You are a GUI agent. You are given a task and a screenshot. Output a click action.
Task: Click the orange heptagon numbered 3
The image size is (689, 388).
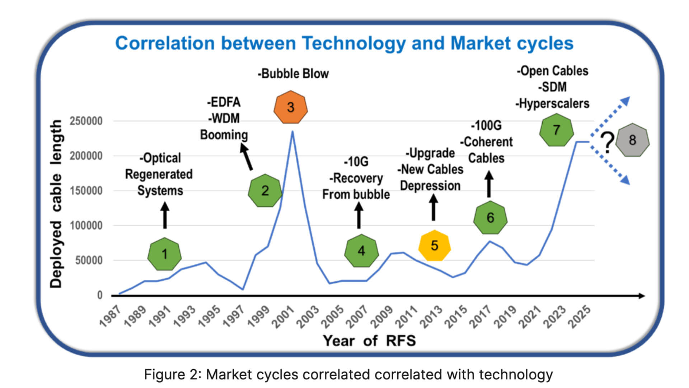(291, 107)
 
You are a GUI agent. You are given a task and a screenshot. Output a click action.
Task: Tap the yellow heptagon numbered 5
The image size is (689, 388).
(434, 246)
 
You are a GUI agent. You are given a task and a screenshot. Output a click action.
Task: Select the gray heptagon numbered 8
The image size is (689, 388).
(632, 140)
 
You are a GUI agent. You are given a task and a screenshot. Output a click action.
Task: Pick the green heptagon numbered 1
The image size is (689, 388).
(164, 254)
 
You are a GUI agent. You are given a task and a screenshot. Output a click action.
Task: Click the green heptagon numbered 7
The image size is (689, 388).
(556, 130)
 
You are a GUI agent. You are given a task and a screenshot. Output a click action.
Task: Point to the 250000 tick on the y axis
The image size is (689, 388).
(86, 121)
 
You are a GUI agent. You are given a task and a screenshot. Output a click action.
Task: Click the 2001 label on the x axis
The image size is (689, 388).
(283, 317)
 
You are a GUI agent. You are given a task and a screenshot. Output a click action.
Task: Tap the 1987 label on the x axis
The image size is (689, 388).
(110, 317)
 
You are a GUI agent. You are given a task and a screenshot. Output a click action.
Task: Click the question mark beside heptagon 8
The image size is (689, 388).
(607, 142)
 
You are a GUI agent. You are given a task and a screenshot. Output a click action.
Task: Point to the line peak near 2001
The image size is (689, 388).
(292, 131)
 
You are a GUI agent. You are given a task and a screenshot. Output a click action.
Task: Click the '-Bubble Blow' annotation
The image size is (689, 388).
(293, 74)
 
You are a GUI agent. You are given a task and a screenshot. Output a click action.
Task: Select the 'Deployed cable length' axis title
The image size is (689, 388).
(56, 204)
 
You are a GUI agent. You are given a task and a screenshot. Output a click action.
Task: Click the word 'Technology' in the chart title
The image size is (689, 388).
(353, 43)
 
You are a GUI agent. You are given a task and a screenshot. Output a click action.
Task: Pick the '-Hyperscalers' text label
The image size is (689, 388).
(552, 104)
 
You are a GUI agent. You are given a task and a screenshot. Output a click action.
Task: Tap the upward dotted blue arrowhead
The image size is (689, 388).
(625, 101)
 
